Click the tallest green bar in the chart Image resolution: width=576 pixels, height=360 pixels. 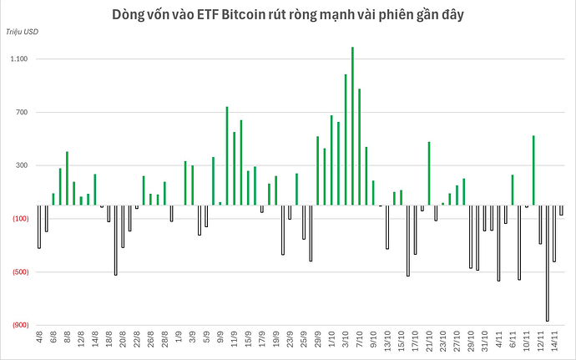point(352,125)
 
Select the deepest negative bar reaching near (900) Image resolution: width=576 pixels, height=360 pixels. point(547,263)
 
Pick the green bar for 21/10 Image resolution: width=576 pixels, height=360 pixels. point(428,174)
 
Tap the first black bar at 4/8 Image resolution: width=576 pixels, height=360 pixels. point(39,226)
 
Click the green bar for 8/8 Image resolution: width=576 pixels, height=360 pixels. point(67,178)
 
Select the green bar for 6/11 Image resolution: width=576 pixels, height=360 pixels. point(512,190)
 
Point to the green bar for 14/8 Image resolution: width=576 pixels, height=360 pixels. point(94,190)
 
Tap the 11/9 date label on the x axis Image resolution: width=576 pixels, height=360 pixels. point(234,342)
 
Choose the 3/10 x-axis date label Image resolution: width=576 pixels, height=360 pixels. point(345,342)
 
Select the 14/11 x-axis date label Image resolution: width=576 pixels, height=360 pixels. point(553,343)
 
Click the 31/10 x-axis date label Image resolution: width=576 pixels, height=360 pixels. point(483,343)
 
